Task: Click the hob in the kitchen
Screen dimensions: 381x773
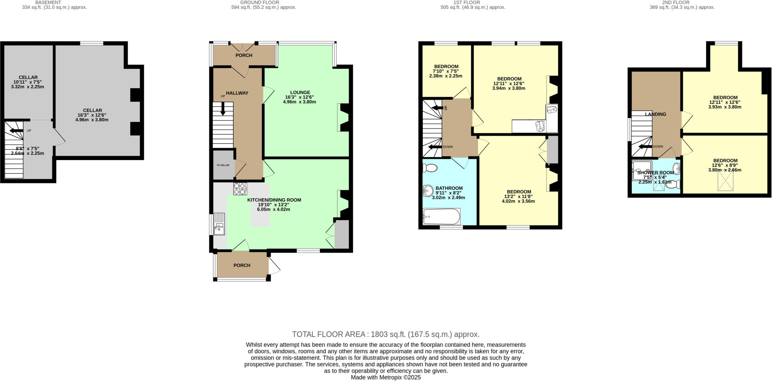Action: tap(240, 188)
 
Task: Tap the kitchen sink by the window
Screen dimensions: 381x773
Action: tap(219, 224)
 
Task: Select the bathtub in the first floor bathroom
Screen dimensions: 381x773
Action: tap(441, 217)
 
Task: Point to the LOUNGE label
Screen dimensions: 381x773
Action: tap(300, 92)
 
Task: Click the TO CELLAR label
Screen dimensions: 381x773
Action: tap(223, 165)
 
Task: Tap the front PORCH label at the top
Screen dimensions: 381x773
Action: tap(244, 56)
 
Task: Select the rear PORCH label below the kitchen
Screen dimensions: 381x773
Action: tap(242, 265)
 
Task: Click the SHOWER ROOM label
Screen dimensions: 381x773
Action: tap(655, 173)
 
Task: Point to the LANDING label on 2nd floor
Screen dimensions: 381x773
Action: tap(655, 114)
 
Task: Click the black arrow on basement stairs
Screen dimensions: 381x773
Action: tap(16, 131)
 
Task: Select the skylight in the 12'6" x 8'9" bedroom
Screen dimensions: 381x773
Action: tap(725, 181)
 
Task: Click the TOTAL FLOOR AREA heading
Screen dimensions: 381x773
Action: tap(385, 334)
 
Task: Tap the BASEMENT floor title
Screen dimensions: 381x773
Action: tap(48, 2)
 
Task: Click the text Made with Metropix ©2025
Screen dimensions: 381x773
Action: tap(385, 377)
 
